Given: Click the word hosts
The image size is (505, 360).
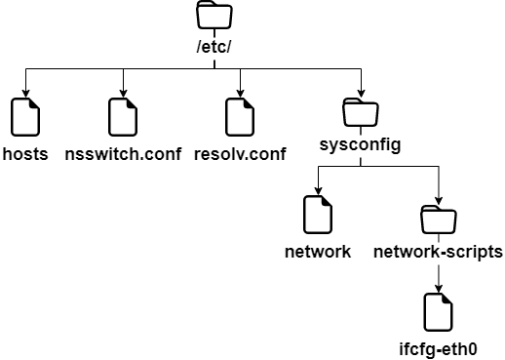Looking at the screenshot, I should click(26, 154).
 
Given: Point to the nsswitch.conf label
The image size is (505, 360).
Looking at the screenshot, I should click(122, 154).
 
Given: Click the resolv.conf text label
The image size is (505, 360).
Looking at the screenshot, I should click(240, 154).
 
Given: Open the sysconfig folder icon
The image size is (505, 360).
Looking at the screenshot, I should click(361, 112).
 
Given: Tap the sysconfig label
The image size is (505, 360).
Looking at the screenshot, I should click(361, 146).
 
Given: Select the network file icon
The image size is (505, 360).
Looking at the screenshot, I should click(318, 215).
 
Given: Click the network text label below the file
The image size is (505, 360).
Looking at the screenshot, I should click(318, 252).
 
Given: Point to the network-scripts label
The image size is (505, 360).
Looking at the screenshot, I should click(438, 252).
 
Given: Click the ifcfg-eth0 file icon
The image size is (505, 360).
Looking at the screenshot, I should click(439, 312).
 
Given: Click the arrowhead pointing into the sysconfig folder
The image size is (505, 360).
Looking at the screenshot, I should click(361, 92).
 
